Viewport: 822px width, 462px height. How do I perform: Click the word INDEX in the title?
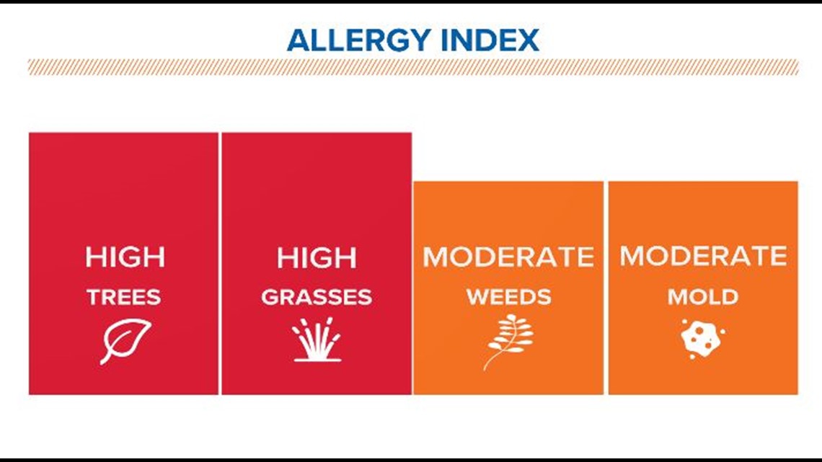pos(490,40)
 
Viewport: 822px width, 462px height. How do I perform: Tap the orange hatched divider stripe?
pos(413,67)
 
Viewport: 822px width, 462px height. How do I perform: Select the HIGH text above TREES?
pos(125,257)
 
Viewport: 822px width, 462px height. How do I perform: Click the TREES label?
pos(124,297)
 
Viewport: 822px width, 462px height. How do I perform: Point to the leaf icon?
pos(125,340)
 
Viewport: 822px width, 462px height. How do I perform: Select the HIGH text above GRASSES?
pos(317,258)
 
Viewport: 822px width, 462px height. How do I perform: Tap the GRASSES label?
pos(317,297)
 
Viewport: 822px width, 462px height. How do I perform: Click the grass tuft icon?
pos(317,339)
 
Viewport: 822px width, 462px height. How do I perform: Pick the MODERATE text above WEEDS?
pos(508,257)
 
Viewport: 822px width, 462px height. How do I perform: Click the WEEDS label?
pos(508,297)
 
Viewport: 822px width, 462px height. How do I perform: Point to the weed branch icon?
pos(508,342)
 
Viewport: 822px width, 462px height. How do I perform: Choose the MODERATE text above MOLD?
pos(703,256)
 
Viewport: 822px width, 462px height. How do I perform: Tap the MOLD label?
pos(703,297)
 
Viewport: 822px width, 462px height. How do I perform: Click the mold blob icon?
pos(703,339)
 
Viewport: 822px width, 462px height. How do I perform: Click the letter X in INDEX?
pos(527,40)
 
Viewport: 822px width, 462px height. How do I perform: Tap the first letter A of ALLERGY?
pos(299,40)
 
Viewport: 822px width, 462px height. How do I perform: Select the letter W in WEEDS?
pos(477,297)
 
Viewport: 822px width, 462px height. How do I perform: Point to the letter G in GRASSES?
pos(270,297)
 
